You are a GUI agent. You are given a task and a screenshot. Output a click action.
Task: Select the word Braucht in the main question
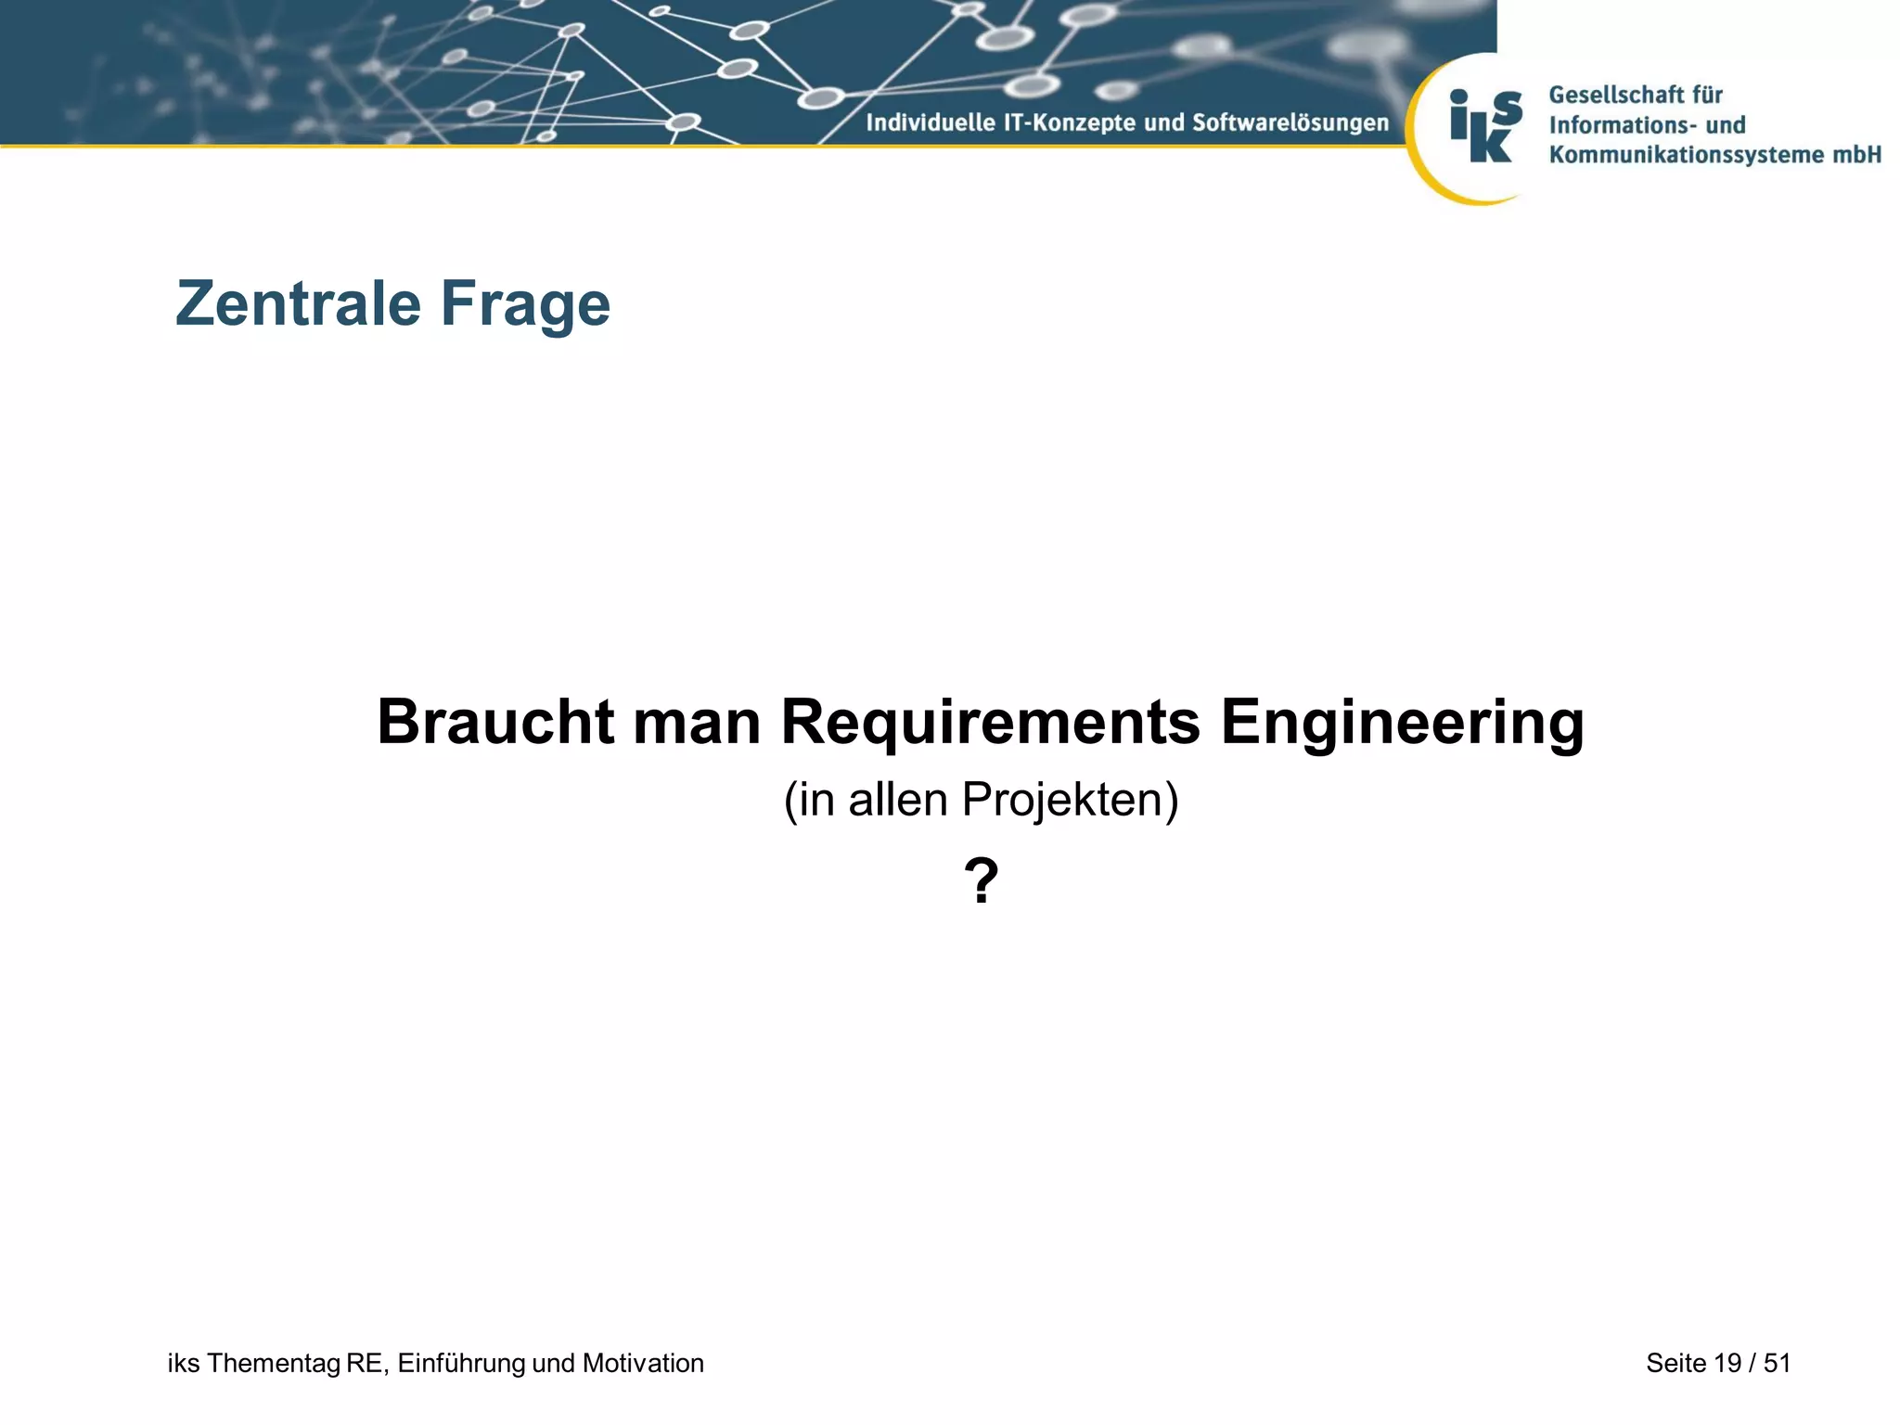click(x=495, y=722)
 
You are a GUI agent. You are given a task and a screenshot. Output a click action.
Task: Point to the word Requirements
click(x=991, y=723)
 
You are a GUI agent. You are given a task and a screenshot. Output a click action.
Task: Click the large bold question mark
click(x=982, y=880)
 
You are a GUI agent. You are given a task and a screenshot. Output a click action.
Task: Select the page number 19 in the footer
click(x=1727, y=1363)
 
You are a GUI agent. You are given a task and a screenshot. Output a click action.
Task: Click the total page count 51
click(x=1777, y=1363)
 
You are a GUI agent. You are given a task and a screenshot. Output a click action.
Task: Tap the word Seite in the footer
click(x=1675, y=1363)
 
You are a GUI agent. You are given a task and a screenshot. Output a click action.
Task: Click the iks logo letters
click(x=1485, y=125)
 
